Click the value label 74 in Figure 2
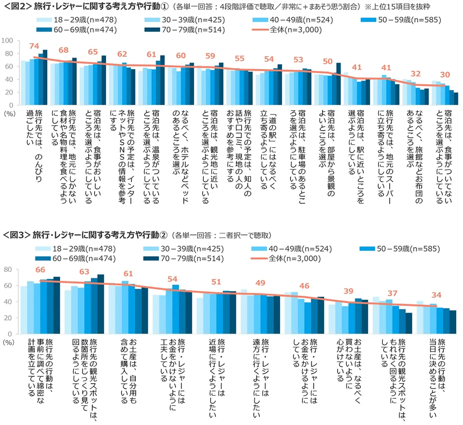[x=34, y=46]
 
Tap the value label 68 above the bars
[x=63, y=50]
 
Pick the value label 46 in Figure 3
[x=305, y=285]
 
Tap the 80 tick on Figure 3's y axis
[x=8, y=270]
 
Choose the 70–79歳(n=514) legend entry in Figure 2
[x=205, y=30]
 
